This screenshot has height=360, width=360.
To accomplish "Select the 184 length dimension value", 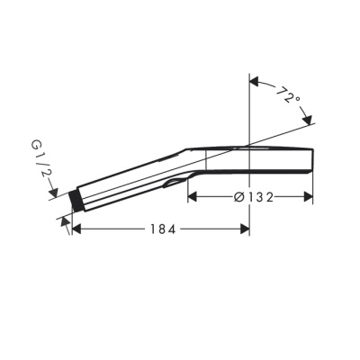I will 160,229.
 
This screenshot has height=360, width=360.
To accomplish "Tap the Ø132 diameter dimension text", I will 251,196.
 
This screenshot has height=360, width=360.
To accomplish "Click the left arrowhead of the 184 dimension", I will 76,229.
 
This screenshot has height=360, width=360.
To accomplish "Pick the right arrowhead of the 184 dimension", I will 245,229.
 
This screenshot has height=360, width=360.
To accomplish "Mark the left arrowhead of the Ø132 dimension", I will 193,196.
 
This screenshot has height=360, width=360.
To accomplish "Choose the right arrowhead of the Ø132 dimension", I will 309,196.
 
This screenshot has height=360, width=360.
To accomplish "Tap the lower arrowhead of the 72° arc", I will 309,120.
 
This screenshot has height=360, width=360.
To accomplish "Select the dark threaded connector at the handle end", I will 77,200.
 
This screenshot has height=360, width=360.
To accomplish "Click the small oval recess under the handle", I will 171,184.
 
